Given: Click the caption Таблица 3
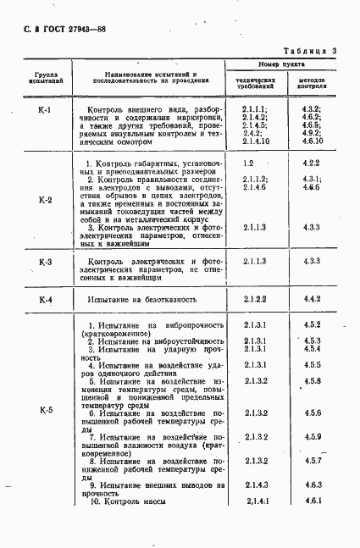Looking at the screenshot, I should click(310, 52).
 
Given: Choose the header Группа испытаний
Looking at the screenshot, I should click(42, 80).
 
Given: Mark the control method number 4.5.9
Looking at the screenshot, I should click(311, 436).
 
